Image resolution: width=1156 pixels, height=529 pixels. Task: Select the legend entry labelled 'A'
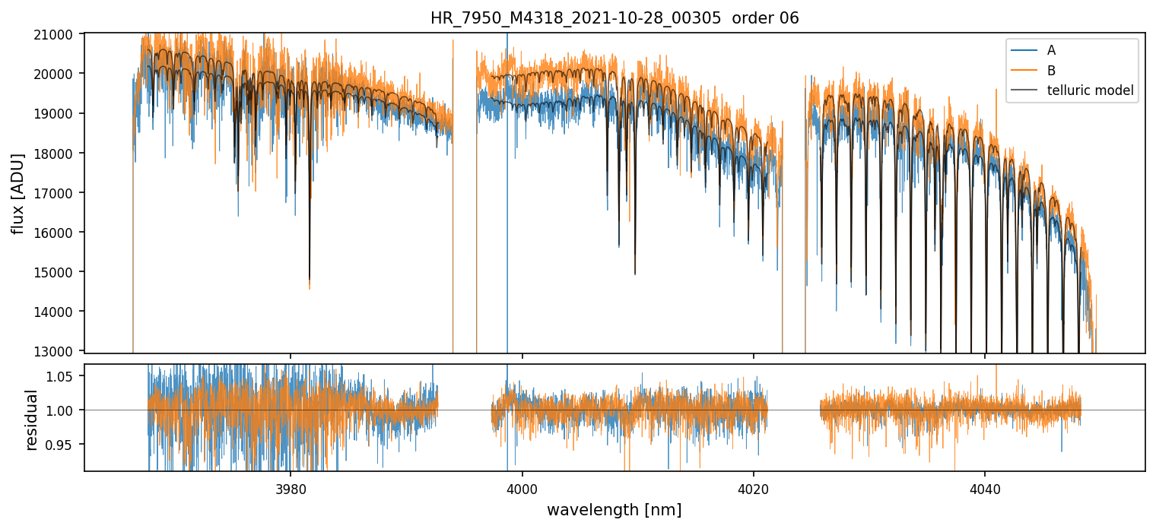pyautogui.click(x=1051, y=50)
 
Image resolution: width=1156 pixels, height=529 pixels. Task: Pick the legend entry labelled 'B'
pyautogui.click(x=1051, y=71)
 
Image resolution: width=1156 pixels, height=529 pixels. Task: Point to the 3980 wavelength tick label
pyautogui.click(x=291, y=487)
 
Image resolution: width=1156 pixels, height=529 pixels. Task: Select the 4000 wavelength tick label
pyautogui.click(x=522, y=487)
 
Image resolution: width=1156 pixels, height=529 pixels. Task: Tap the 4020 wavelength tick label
pyautogui.click(x=753, y=487)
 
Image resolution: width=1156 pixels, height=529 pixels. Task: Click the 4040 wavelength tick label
pyautogui.click(x=985, y=487)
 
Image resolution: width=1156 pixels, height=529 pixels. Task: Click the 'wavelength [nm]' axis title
pyautogui.click(x=614, y=509)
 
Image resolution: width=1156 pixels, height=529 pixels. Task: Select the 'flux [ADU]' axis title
pyautogui.click(x=17, y=193)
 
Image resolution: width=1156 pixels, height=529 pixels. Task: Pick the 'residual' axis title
pyautogui.click(x=31, y=420)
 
